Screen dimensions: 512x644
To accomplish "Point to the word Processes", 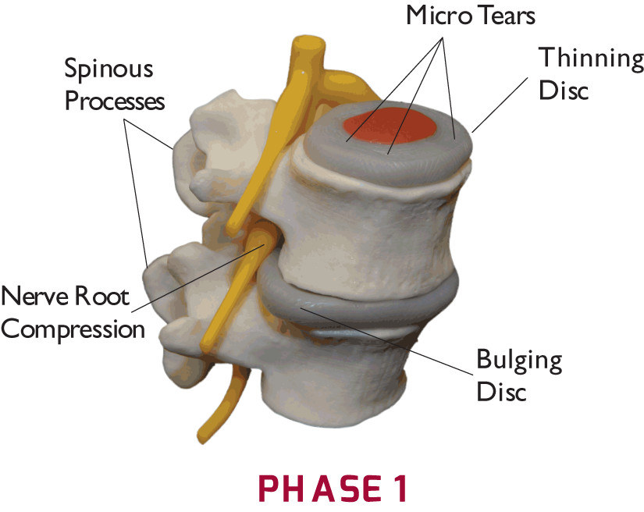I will [114, 101].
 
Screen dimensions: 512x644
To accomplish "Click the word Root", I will [105, 297].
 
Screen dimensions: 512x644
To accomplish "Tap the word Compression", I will [74, 328].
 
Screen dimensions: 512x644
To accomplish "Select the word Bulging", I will [519, 361].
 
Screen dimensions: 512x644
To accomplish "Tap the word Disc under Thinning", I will [562, 90].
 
